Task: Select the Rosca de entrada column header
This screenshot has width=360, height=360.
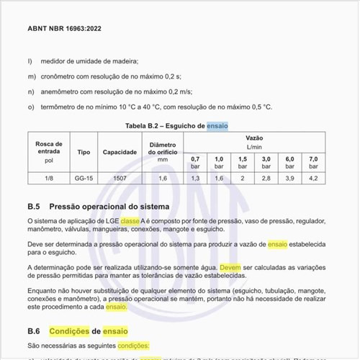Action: pos(48,152)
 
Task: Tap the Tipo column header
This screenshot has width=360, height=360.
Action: pos(84,153)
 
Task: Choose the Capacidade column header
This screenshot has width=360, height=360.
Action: pos(120,153)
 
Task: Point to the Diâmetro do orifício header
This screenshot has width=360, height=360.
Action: pos(162,153)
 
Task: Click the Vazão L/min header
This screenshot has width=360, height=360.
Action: pos(253,141)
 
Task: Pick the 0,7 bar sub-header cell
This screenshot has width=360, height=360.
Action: pos(195,162)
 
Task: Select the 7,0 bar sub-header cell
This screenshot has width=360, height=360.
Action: pos(313,162)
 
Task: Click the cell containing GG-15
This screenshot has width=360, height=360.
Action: pos(84,177)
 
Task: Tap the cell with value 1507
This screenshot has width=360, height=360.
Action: pos(120,177)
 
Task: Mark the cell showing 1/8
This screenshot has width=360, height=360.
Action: pos(48,177)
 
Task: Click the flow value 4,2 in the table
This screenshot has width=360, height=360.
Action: pos(313,177)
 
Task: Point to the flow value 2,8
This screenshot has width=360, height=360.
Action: pos(266,177)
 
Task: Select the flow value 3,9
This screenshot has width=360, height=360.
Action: pos(290,177)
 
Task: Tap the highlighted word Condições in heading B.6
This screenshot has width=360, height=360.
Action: pos(69,331)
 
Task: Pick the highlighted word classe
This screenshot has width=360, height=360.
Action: pos(130,221)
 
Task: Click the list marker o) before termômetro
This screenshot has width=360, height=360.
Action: pos(31,107)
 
